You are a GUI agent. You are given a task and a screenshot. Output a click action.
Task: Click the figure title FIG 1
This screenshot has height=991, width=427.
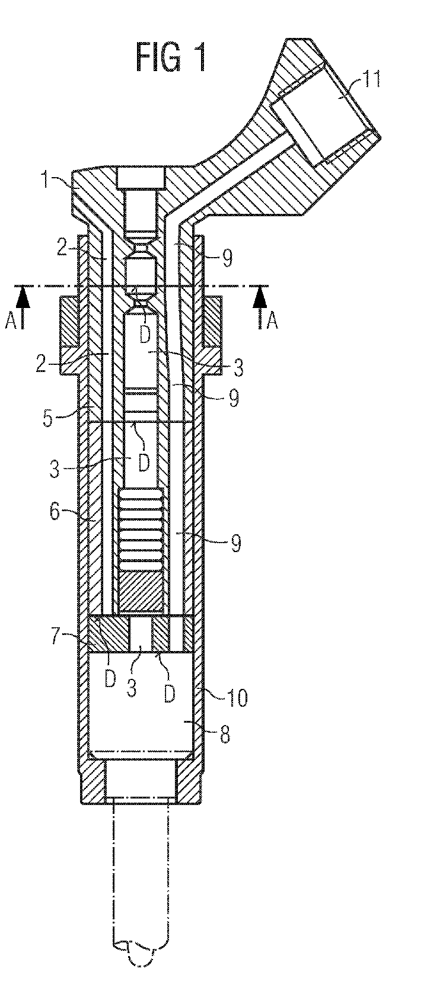(x=171, y=58)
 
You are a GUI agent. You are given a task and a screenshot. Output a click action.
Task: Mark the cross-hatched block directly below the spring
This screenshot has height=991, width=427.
(x=141, y=593)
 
